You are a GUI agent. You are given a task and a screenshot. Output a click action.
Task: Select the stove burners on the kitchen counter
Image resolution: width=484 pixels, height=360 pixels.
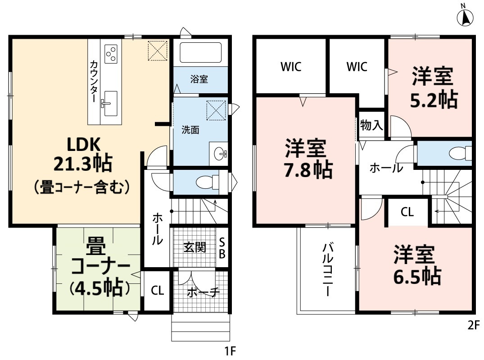pyautogui.click(x=111, y=53)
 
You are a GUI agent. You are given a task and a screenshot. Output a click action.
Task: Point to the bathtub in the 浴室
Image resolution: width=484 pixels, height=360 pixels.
pyautogui.click(x=200, y=53)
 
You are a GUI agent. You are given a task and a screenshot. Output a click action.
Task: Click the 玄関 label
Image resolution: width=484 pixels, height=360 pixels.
pyautogui.click(x=195, y=247)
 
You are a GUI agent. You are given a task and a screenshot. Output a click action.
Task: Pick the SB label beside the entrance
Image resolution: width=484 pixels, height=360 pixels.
pyautogui.click(x=222, y=248)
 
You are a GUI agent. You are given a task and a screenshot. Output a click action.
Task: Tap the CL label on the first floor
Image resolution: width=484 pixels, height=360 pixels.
pyautogui.click(x=157, y=291)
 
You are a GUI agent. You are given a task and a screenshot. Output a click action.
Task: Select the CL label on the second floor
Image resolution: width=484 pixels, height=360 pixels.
pyautogui.click(x=407, y=213)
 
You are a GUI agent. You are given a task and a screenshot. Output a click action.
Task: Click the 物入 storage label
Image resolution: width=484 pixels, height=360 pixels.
pyautogui.click(x=371, y=126)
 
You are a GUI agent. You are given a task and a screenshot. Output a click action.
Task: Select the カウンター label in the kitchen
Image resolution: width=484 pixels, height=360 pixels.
pyautogui.click(x=95, y=81)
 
